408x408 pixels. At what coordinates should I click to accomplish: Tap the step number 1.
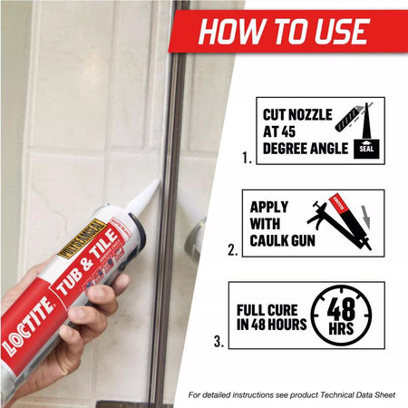click(247, 159)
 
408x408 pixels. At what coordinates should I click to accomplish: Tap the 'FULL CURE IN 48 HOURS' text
click(270, 315)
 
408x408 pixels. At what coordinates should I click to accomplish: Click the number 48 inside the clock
click(341, 306)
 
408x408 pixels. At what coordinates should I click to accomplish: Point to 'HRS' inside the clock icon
click(342, 325)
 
